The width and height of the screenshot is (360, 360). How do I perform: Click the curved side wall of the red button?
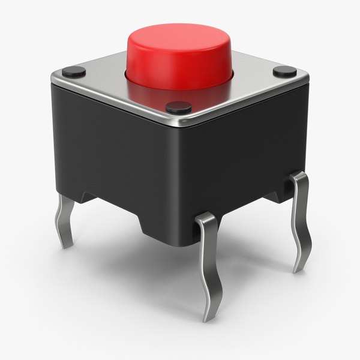pos(180,66)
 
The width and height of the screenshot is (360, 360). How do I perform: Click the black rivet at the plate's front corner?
pos(178,108)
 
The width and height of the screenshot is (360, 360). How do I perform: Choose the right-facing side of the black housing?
pos(252,150)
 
